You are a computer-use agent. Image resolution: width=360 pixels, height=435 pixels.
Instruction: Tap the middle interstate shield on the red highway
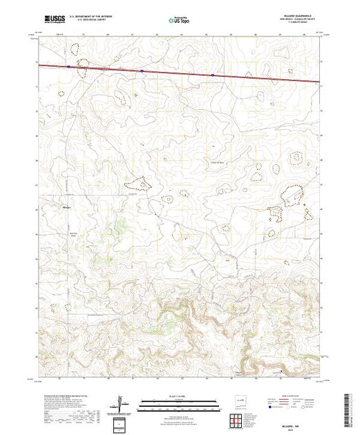point(142,70)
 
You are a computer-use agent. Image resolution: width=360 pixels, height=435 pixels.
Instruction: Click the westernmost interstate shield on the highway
point(70,67)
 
